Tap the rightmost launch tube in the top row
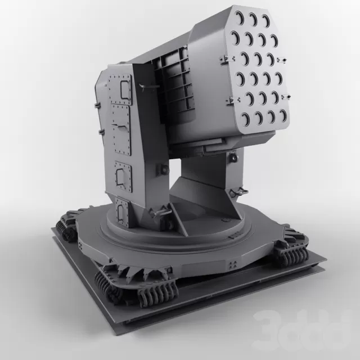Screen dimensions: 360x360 point(265,21)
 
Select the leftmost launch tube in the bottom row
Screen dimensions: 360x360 point(245,119)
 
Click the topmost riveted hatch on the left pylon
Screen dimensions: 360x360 point(121,87)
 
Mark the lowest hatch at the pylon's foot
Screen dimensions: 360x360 point(119,211)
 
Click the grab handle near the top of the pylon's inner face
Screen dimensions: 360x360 point(145,86)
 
